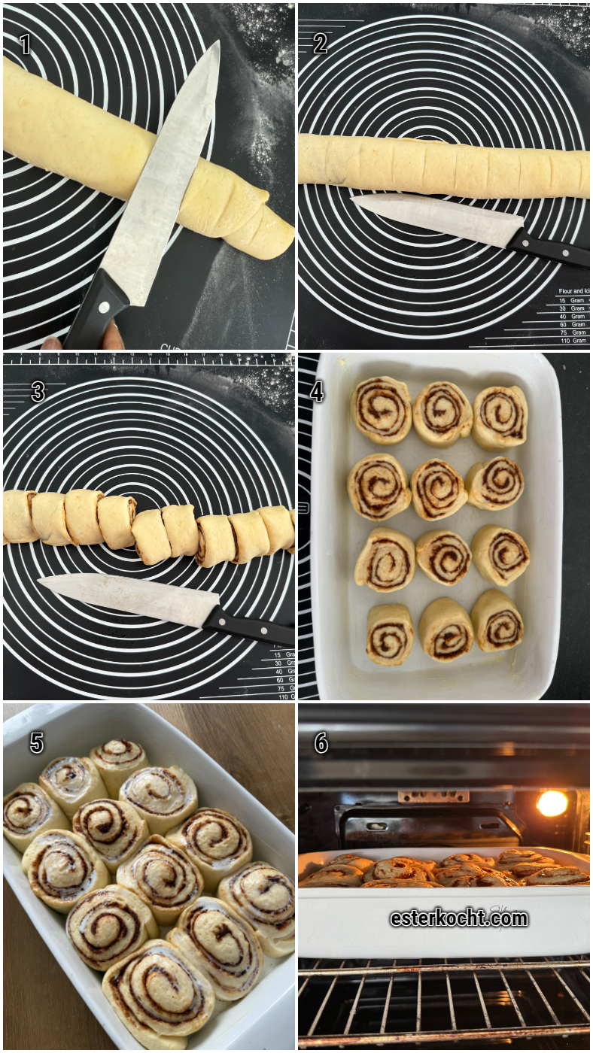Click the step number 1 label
[25, 44]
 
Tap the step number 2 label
[320, 44]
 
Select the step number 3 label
[38, 392]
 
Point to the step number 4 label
[318, 392]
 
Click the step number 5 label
[36, 743]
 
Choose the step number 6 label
[321, 743]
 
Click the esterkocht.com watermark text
[459, 918]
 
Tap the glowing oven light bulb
[552, 803]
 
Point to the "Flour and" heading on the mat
[571, 290]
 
